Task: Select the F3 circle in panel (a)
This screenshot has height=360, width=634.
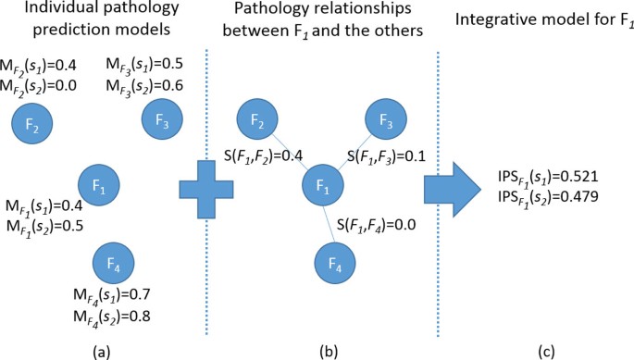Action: click(161, 119)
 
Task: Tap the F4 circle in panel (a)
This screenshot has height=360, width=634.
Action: click(113, 264)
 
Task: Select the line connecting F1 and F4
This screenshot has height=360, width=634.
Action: click(330, 226)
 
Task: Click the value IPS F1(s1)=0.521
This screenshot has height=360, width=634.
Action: click(542, 175)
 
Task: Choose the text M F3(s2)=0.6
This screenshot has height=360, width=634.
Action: click(144, 85)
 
